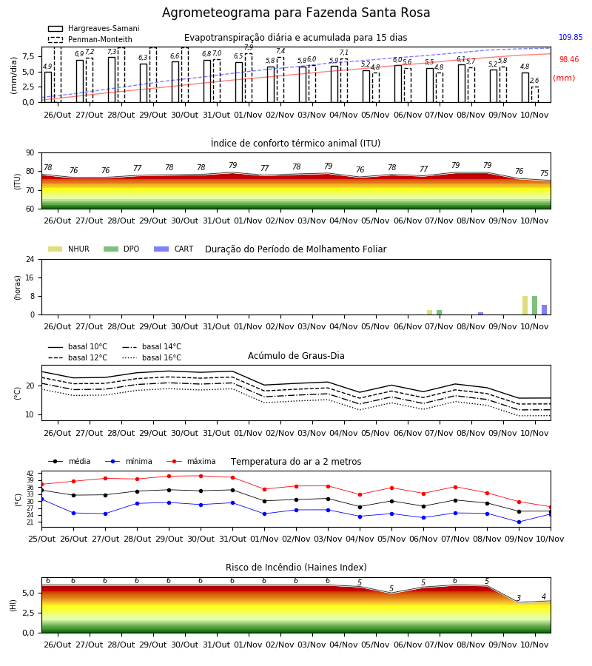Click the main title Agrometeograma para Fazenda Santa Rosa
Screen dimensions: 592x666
click(x=296, y=13)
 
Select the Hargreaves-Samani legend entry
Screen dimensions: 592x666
click(x=94, y=28)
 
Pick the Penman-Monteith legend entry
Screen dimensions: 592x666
click(x=90, y=39)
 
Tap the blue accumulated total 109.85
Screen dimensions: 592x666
click(x=571, y=38)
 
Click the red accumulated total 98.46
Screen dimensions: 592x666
click(x=569, y=59)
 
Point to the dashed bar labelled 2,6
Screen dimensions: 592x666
click(x=535, y=95)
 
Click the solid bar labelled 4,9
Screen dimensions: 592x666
click(x=48, y=87)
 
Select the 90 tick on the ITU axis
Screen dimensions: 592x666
click(x=30, y=153)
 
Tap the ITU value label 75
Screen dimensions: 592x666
click(x=545, y=173)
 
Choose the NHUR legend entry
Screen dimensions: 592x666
click(x=69, y=249)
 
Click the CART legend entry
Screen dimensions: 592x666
click(x=174, y=249)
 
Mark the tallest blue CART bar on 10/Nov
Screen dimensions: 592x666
click(x=544, y=309)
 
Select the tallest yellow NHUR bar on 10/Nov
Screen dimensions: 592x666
click(x=525, y=306)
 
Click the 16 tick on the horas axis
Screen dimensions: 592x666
click(x=30, y=277)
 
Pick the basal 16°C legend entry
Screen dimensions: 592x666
click(x=152, y=357)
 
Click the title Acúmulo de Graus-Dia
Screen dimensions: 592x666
click(x=296, y=356)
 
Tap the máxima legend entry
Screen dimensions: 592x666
click(x=191, y=461)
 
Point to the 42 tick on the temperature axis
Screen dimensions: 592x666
click(x=30, y=473)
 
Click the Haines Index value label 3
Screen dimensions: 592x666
click(x=519, y=598)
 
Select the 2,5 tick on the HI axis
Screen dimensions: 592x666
click(x=28, y=613)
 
